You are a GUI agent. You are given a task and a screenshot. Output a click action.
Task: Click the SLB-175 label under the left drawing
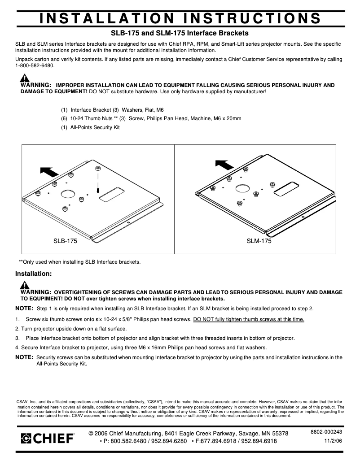click(x=65, y=241)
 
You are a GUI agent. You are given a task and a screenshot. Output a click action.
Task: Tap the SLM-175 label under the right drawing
click(x=259, y=241)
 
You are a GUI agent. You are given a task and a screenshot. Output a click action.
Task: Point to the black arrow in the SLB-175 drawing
click(x=49, y=171)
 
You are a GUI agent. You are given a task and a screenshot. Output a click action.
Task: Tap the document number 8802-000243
click(x=326, y=432)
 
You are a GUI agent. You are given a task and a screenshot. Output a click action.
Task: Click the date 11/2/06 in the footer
click(x=333, y=441)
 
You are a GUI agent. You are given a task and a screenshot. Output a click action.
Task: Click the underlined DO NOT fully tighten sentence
click(x=249, y=319)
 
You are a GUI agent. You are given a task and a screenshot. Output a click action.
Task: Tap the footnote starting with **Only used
click(x=79, y=262)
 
